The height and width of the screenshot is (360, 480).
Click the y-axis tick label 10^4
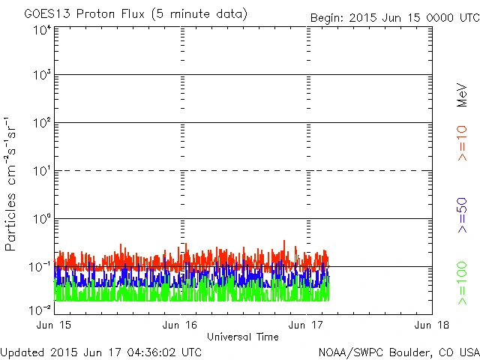[x=41, y=30]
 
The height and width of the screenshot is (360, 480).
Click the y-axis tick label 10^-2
[x=40, y=309]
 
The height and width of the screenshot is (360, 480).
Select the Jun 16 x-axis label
[x=180, y=325]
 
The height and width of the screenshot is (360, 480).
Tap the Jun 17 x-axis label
[x=306, y=325]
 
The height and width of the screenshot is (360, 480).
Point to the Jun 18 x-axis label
[x=432, y=325]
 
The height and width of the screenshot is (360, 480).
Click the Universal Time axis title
[x=242, y=337]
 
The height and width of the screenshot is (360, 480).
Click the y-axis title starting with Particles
[x=13, y=184]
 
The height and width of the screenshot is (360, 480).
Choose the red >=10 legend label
[x=463, y=143]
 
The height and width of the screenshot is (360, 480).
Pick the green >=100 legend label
[x=463, y=283]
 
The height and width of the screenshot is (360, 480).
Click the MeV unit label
[x=463, y=94]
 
